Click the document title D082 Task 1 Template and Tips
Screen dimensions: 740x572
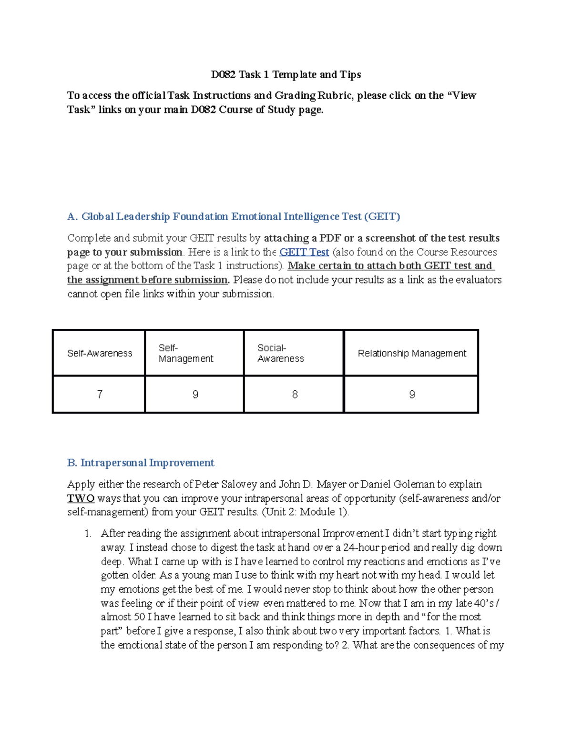point(286,75)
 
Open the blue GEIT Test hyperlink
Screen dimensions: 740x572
point(304,252)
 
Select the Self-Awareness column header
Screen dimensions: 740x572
point(100,353)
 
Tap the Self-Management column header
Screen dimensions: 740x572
point(185,353)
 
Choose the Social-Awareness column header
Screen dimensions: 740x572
point(280,353)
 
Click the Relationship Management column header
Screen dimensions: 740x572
point(412,353)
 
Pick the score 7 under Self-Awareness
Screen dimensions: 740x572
point(100,395)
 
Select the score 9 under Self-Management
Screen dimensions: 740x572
point(195,395)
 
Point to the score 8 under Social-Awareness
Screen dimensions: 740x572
point(295,395)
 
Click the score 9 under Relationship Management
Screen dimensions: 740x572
point(412,395)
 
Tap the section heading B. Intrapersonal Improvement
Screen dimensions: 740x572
point(141,463)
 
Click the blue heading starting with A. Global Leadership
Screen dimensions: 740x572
point(234,217)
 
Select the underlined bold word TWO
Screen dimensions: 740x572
point(81,498)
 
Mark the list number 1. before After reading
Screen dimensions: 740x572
point(88,534)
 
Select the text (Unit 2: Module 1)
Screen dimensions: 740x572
point(306,512)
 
